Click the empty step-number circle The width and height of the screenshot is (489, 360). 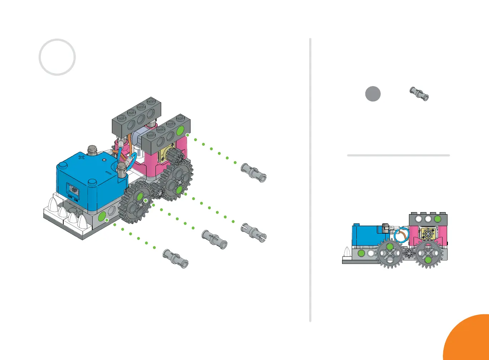click(x=57, y=57)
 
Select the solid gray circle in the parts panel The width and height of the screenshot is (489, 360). click(x=373, y=94)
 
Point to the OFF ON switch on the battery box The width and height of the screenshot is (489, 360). click(x=74, y=190)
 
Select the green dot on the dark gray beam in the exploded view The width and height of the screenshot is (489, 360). click(x=181, y=129)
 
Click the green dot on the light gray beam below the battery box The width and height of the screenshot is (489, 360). click(x=103, y=216)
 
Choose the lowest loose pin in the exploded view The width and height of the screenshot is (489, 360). click(x=175, y=258)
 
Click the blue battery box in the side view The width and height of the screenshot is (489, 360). click(x=366, y=236)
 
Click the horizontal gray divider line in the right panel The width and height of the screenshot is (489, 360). click(x=398, y=155)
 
